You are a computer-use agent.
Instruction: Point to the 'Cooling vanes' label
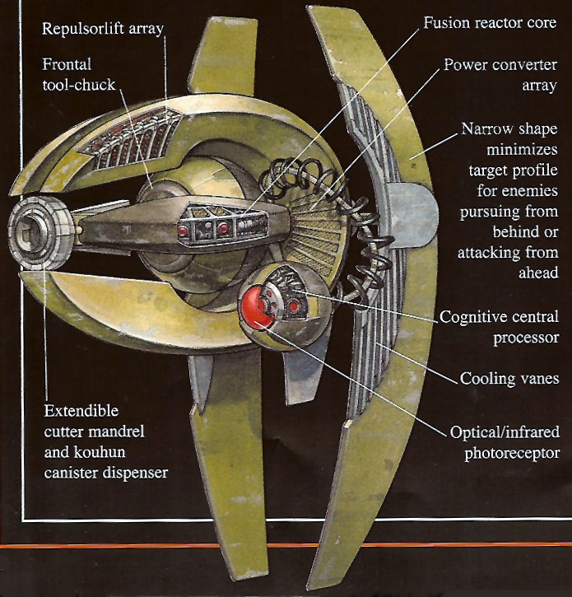509,379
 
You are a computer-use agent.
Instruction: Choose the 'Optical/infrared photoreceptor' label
505,442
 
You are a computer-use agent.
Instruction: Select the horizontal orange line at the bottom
286,545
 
